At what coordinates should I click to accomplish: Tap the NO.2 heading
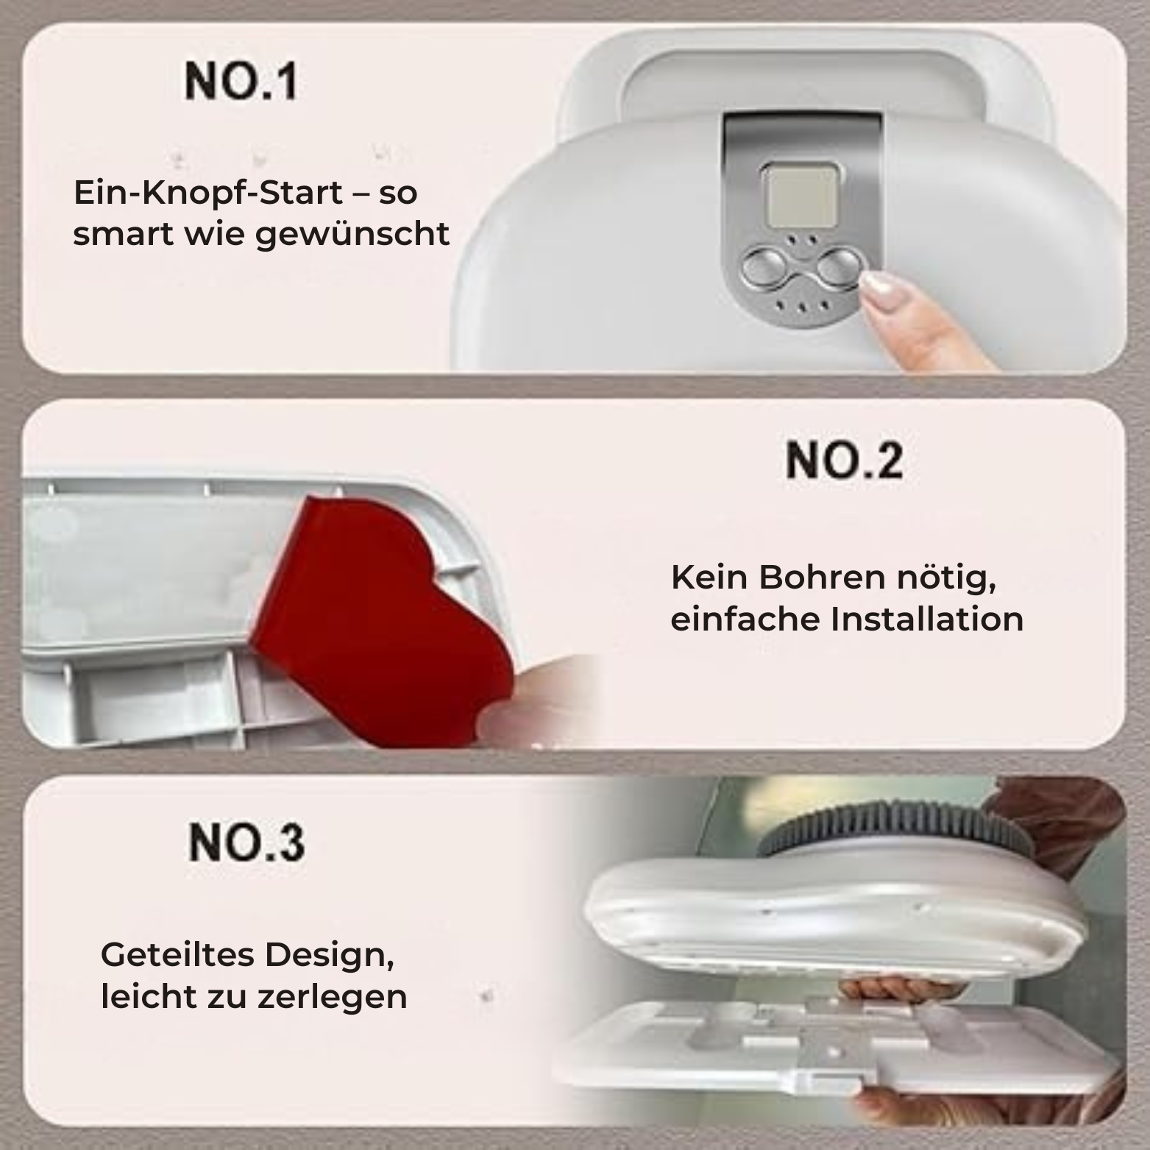click(x=844, y=461)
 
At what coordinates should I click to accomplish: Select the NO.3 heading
click(x=246, y=842)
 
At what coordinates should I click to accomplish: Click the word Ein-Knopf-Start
click(x=208, y=193)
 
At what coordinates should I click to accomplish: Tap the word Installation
click(x=927, y=619)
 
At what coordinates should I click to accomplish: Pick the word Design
click(x=328, y=956)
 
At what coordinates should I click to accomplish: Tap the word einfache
click(x=745, y=619)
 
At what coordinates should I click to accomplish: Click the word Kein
click(x=709, y=578)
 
